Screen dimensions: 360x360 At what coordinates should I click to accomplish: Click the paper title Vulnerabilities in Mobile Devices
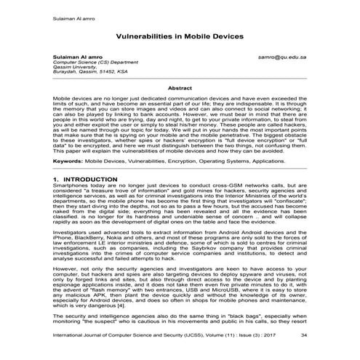[180, 36]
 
